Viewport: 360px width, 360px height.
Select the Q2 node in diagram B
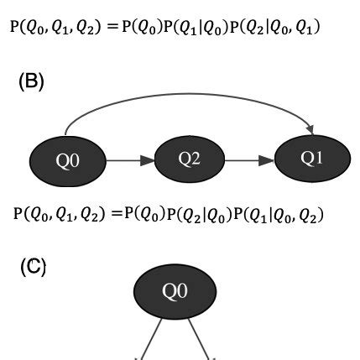[190, 159]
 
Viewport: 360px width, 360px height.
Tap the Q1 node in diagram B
[311, 158]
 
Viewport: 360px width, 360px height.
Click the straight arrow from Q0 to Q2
[129, 159]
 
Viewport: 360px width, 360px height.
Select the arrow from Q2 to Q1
[251, 159]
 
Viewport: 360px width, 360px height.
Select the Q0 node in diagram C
[173, 291]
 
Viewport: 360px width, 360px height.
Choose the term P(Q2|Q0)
[202, 214]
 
